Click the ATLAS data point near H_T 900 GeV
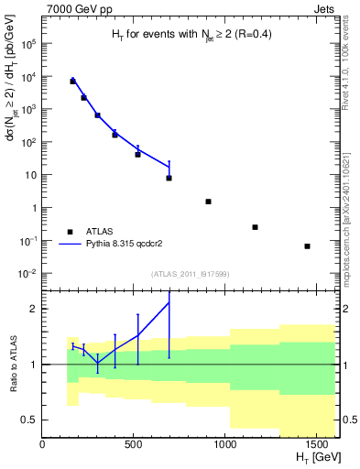[x=209, y=202]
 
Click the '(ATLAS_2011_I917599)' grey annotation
[x=190, y=274]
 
